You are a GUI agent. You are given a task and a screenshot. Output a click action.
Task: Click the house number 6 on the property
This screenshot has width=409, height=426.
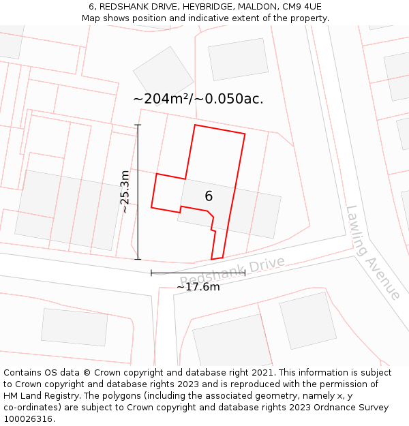click(x=209, y=196)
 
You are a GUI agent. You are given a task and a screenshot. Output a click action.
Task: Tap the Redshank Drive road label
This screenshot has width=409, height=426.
click(x=232, y=271)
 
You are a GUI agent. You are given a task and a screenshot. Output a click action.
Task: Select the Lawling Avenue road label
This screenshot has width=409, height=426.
click(x=372, y=252)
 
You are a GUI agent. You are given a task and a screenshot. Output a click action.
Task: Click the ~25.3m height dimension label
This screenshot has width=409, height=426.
click(x=125, y=192)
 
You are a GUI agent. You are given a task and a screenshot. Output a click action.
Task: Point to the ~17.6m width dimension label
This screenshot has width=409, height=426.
click(x=198, y=287)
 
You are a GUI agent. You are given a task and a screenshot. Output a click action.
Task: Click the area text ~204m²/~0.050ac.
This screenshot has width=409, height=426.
click(x=198, y=99)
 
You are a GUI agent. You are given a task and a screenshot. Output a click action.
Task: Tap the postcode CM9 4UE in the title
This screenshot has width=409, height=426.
click(x=302, y=7)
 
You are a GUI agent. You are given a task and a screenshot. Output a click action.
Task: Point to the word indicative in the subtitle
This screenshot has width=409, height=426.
click(x=214, y=18)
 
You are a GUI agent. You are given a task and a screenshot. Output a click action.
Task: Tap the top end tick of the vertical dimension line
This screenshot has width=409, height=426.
click(x=138, y=125)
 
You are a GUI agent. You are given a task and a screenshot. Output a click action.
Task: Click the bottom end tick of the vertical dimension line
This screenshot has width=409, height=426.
click(x=138, y=260)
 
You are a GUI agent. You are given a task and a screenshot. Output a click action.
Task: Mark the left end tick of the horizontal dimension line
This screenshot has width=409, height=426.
click(x=151, y=273)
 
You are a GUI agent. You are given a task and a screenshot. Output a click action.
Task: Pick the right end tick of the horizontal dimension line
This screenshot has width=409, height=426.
click(x=245, y=273)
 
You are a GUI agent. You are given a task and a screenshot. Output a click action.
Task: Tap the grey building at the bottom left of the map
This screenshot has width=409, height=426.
click(x=74, y=327)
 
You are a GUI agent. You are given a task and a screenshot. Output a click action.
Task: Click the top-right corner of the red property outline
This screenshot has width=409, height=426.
click(x=245, y=134)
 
